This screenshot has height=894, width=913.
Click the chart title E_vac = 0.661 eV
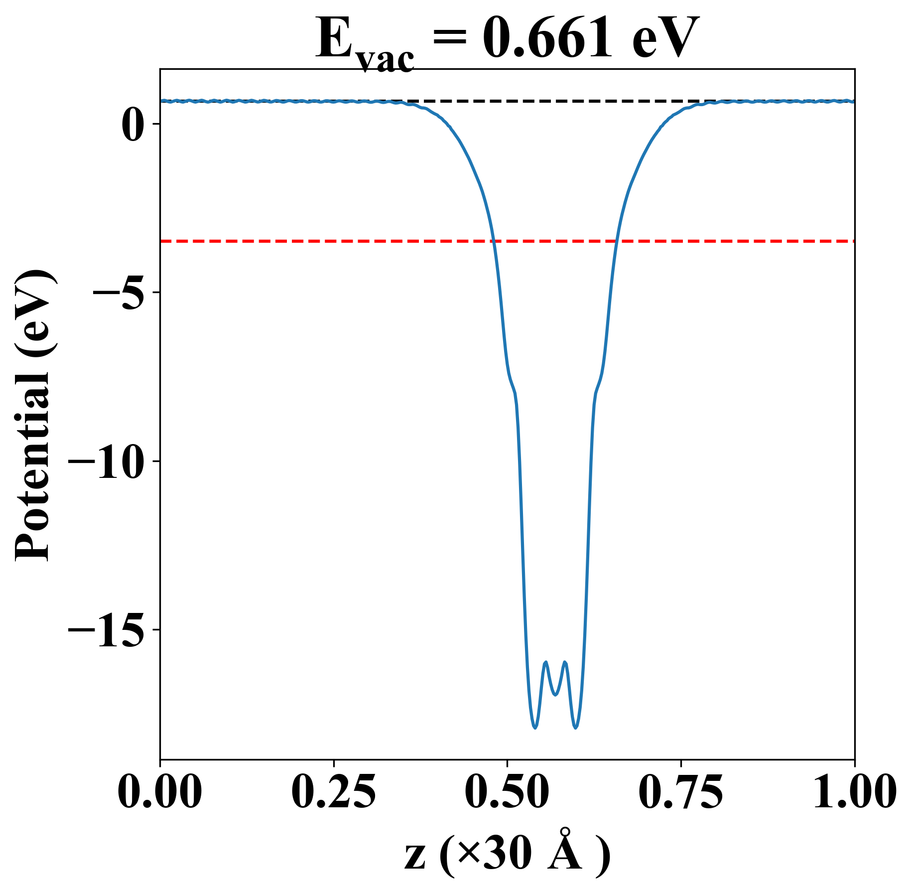pyautogui.click(x=507, y=39)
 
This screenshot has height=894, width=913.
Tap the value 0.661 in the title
pyautogui.click(x=547, y=37)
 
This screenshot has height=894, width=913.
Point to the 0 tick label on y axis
pyautogui.click(x=132, y=124)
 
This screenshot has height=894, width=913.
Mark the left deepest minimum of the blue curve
pyautogui.click(x=535, y=728)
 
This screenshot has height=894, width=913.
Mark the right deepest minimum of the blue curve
pyautogui.click(x=576, y=728)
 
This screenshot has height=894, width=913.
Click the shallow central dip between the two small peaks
pyautogui.click(x=555, y=694)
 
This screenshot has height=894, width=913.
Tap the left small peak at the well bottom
pyautogui.click(x=546, y=662)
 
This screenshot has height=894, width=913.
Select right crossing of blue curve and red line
pyautogui.click(x=617, y=241)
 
